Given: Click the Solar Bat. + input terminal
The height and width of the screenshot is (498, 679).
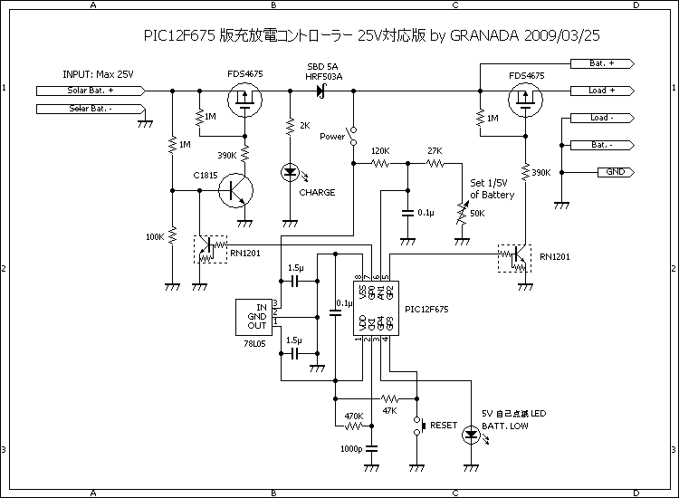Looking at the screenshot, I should coord(91,91).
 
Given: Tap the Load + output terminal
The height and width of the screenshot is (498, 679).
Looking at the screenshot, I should coord(602,91).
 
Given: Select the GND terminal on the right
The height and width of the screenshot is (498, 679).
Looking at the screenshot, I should coord(615,172).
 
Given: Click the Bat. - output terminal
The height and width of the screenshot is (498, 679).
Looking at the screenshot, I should coord(602,145).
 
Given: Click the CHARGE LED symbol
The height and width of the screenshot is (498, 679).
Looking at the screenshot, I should coord(291,171).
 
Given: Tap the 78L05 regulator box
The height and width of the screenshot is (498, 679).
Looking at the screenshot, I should coord(257,316).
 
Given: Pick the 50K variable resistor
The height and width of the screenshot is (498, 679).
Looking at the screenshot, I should coord(461,215).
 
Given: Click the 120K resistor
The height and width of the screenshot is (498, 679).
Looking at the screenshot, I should coord(380,164).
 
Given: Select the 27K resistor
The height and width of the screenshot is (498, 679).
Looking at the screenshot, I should coord(435,164).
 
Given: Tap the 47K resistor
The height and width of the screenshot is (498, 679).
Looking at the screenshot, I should coord(390,398).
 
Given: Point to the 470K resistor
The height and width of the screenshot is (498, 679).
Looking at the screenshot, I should coord(354,426).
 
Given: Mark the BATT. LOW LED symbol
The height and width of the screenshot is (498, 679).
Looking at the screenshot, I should coord(471,435).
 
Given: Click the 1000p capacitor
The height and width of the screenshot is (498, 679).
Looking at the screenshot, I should coord(371,447).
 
